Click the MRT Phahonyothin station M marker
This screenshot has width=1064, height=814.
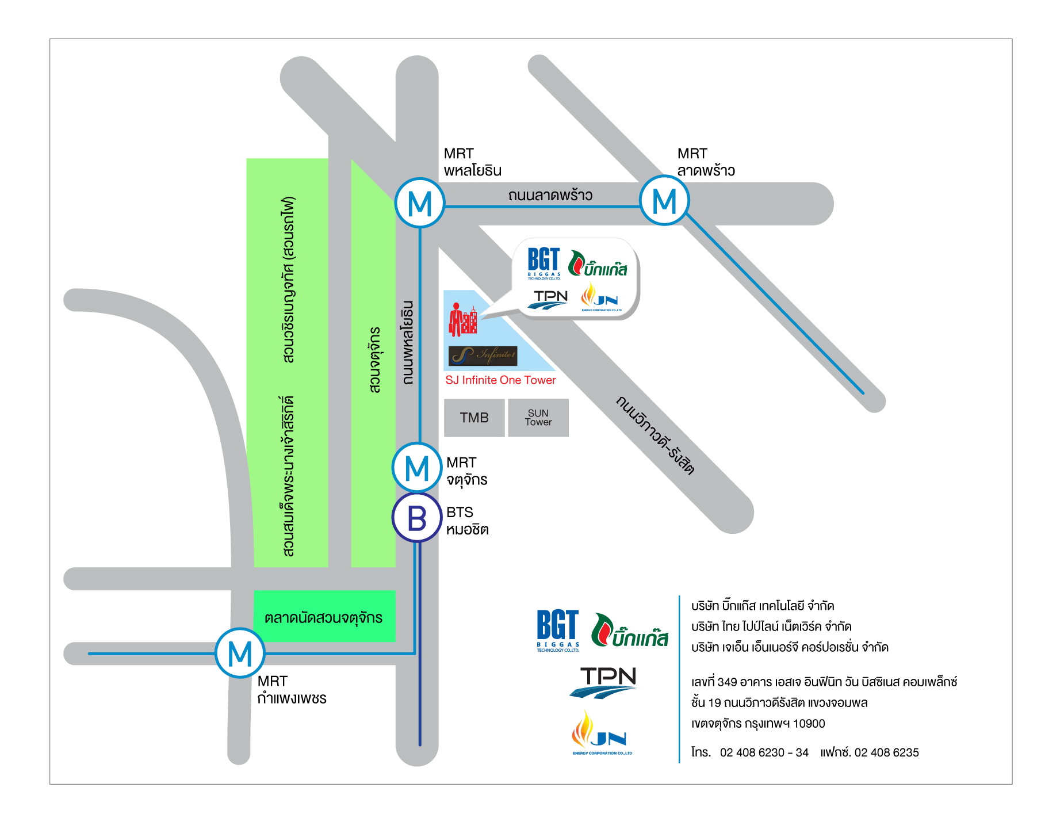[x=420, y=203]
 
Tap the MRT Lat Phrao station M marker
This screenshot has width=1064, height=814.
[x=664, y=201]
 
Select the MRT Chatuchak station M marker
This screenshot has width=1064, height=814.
[x=417, y=467]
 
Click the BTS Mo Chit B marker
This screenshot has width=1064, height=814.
[x=417, y=518]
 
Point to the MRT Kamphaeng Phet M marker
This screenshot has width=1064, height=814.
[x=240, y=653]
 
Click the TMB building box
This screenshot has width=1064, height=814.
[x=474, y=418]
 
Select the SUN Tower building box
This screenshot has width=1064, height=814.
[x=538, y=418]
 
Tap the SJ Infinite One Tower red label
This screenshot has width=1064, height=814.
[x=500, y=380]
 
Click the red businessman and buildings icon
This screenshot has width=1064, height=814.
[x=463, y=320]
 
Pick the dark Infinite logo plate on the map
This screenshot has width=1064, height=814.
[x=483, y=356]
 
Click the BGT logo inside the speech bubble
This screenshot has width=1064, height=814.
[x=544, y=263]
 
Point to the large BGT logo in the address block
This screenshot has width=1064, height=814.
[x=557, y=630]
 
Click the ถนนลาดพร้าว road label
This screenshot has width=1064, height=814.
[x=550, y=196]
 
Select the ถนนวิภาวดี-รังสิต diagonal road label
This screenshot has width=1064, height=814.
[x=655, y=435]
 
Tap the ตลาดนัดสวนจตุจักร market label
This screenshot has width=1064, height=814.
[x=323, y=618]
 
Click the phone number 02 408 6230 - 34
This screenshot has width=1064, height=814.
[x=764, y=752]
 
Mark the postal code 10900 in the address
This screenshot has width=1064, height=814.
[x=809, y=724]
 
